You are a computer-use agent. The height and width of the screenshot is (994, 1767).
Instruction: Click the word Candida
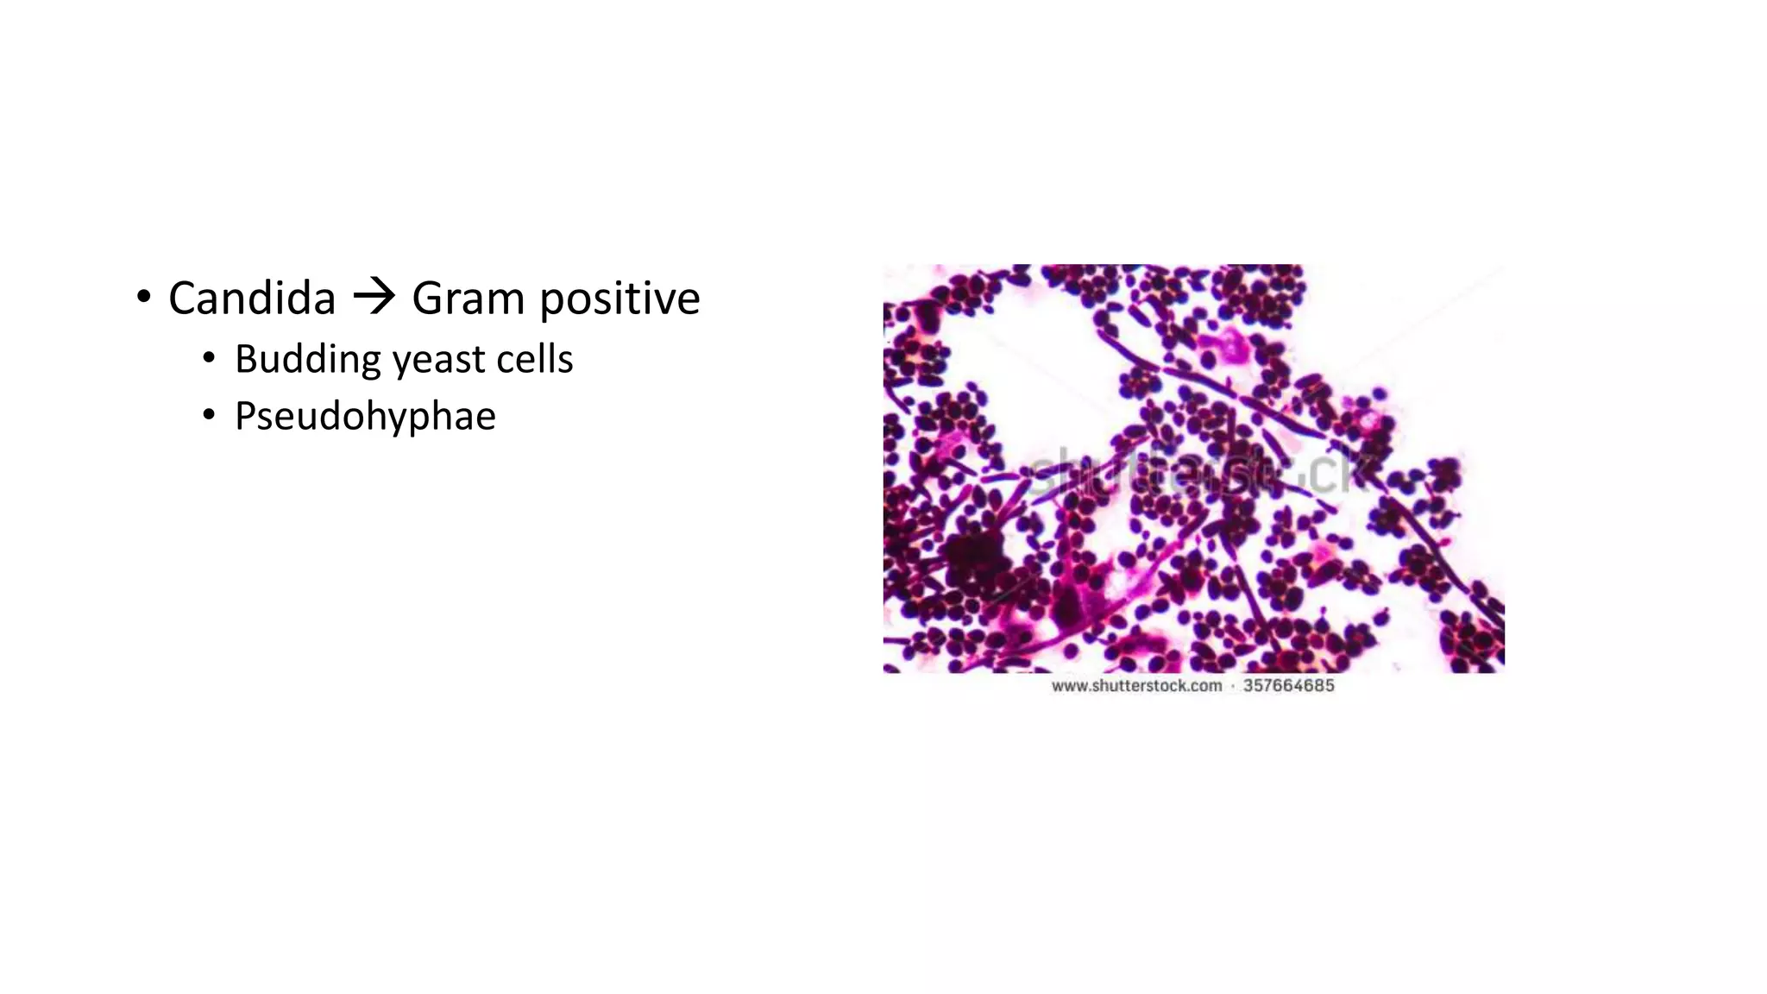[x=251, y=299]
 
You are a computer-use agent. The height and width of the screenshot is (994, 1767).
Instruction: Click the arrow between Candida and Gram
[x=374, y=298]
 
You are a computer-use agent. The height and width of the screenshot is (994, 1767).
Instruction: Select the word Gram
[x=468, y=299]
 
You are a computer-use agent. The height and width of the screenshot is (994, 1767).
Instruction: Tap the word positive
[x=619, y=299]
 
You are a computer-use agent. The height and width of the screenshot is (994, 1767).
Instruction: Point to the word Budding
[x=307, y=360]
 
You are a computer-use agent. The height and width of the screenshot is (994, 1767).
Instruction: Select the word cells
[x=534, y=359]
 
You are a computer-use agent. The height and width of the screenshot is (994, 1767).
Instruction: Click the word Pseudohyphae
[x=365, y=417]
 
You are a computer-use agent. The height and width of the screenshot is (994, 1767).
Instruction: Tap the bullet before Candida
[x=144, y=298]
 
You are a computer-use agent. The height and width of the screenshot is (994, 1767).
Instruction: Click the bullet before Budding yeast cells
[x=209, y=358]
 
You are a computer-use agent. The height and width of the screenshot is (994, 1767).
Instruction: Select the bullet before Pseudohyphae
[x=209, y=415]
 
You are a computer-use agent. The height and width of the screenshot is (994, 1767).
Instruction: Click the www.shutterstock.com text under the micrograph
[x=1136, y=686]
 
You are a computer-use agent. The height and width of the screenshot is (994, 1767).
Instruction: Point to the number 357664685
[x=1288, y=686]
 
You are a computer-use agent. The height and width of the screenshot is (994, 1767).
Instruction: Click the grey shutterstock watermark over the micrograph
[x=1199, y=473]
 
